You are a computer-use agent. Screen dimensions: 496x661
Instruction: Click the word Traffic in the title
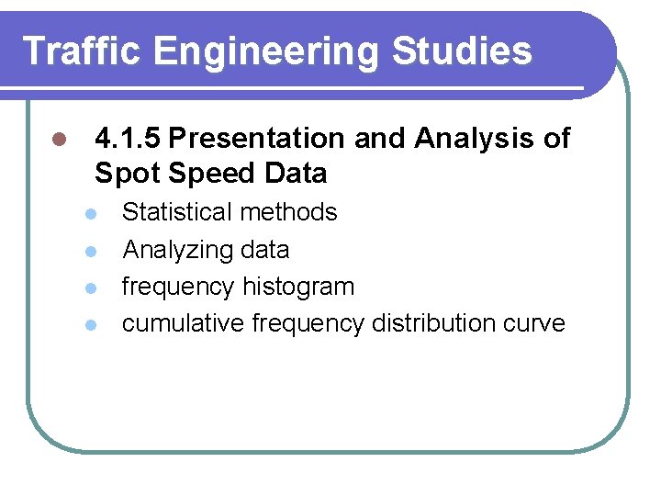(82, 51)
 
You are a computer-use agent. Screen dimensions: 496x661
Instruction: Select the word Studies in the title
(462, 51)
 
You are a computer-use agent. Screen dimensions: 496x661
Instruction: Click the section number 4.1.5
(128, 139)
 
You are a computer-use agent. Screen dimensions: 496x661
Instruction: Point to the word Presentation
(259, 139)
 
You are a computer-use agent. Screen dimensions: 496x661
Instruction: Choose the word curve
(534, 324)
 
